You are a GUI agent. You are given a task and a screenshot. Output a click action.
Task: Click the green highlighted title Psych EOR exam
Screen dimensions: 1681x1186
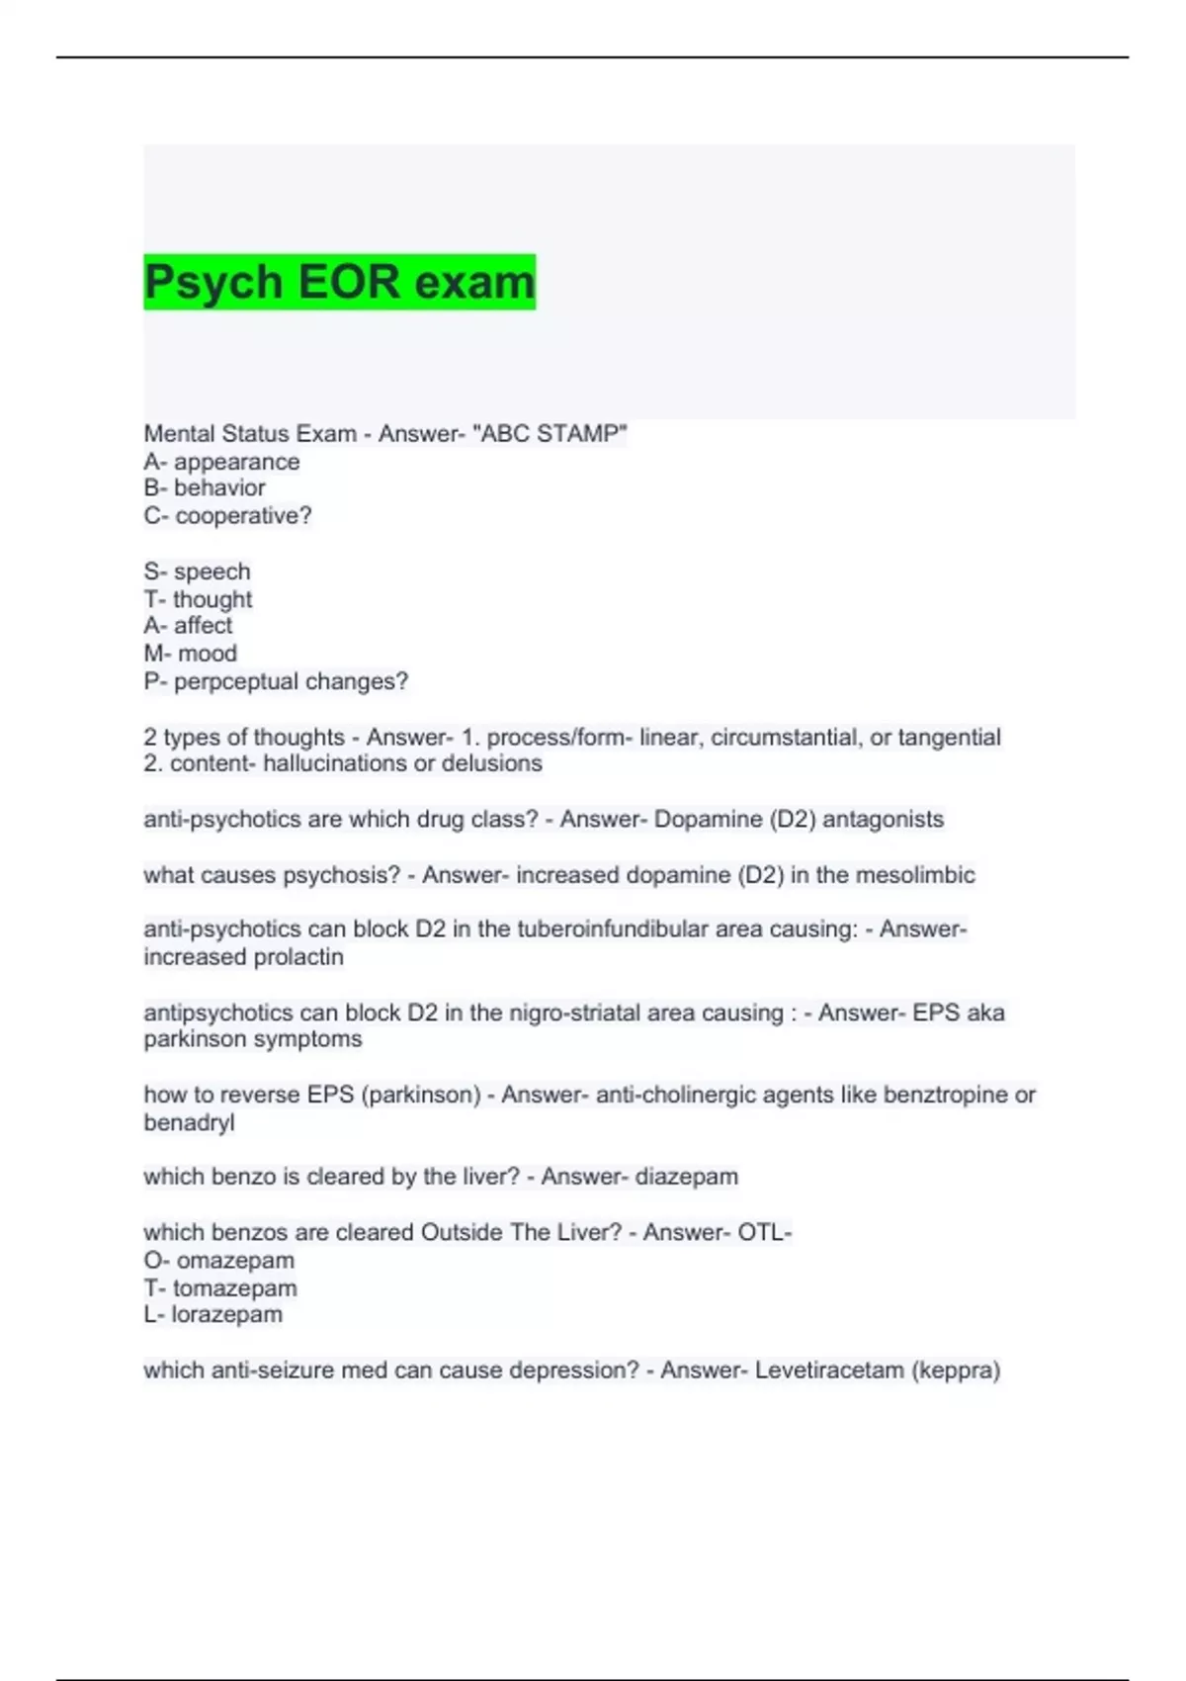339,282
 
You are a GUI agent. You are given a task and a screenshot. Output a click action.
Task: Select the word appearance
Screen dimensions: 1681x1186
236,462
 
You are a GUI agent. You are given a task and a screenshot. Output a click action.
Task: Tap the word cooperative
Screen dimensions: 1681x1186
240,516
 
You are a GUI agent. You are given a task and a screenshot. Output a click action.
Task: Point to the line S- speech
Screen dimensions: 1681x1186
197,572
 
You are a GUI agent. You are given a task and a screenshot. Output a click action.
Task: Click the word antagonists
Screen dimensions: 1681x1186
883,820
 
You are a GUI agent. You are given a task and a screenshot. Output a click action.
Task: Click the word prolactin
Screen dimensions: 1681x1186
298,957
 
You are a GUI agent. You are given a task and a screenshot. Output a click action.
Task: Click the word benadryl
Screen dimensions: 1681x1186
189,1122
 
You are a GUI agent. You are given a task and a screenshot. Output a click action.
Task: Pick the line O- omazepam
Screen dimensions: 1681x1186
218,1261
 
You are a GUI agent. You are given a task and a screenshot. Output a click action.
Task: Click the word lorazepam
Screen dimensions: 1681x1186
226,1314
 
